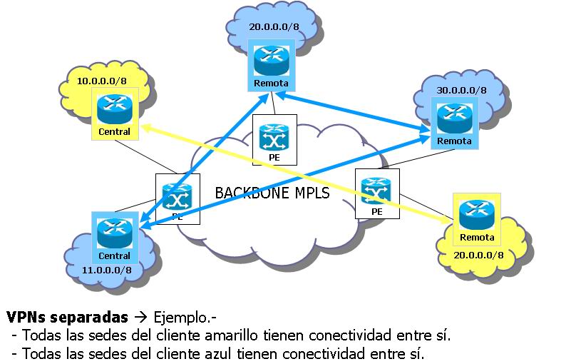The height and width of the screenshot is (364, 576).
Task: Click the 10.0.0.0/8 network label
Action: pos(102,81)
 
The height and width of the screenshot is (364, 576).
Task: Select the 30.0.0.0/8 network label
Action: pos(462,91)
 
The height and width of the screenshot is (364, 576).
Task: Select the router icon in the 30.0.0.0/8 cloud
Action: pos(454,117)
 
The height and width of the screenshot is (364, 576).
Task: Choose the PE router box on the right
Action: pos(377,193)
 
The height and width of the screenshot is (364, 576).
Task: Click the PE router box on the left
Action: pos(178,198)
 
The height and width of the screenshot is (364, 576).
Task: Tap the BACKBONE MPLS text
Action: pos(272,193)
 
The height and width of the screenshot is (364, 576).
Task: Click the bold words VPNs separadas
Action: pos(67,316)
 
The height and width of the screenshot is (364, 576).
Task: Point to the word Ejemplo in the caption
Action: pos(182,316)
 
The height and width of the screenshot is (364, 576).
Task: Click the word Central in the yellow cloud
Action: pos(115,132)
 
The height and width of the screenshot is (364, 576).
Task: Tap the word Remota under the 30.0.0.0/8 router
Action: pos(454,141)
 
